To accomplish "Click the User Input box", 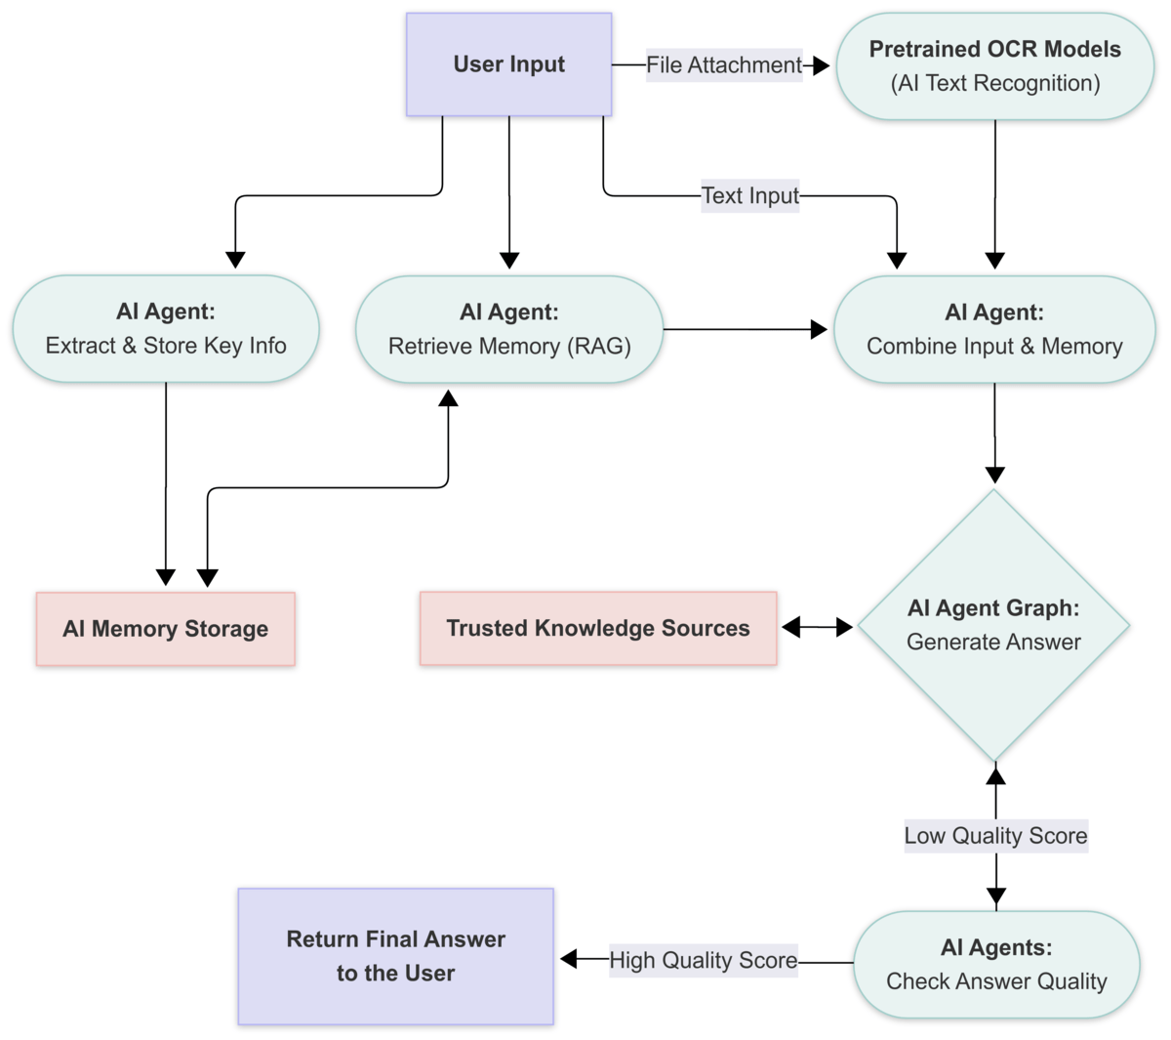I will pos(508,64).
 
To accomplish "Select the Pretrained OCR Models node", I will pos(994,66).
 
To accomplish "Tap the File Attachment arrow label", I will pos(723,65).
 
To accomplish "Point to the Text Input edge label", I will pos(749,195).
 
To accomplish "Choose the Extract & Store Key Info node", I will pos(166,329).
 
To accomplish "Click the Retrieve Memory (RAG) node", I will pos(508,329).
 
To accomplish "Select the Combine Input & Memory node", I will pos(994,329).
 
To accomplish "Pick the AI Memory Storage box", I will pos(165,629).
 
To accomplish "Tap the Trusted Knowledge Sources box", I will pos(598,628).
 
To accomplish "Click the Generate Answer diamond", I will pos(993,625).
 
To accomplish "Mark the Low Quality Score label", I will pos(995,836).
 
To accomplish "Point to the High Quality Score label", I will pos(703,961).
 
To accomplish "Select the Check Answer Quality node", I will pos(996,965).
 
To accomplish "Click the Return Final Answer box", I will pos(395,956).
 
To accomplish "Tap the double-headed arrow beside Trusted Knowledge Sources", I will pos(817,627).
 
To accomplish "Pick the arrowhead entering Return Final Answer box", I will pos(570,960).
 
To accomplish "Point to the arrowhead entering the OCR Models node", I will pos(821,65).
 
